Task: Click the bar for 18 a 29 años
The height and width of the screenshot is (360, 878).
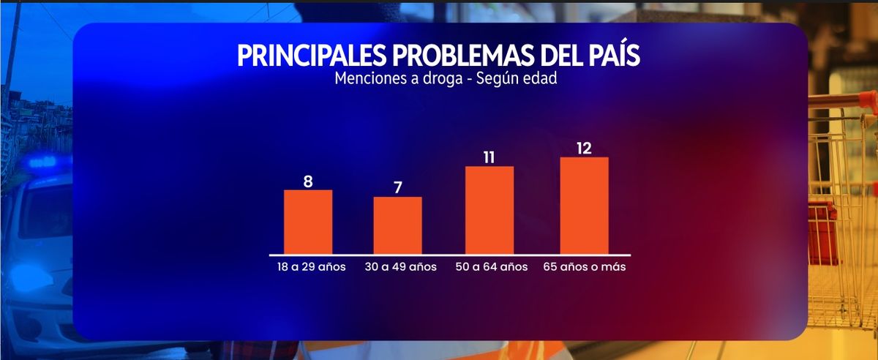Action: (308, 222)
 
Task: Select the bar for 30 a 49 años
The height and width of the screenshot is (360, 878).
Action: (397, 225)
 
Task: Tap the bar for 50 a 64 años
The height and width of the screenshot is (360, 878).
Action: (489, 210)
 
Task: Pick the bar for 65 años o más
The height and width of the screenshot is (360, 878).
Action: (584, 206)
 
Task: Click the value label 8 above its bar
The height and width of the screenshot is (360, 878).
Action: (308, 181)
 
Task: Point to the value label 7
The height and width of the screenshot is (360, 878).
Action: (398, 187)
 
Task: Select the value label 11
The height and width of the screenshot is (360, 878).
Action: (489, 157)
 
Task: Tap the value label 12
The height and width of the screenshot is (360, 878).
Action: (584, 148)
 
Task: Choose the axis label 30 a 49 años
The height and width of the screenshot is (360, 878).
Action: (400, 267)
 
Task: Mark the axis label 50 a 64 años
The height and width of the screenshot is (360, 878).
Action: (492, 267)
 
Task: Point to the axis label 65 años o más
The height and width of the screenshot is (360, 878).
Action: (585, 267)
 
